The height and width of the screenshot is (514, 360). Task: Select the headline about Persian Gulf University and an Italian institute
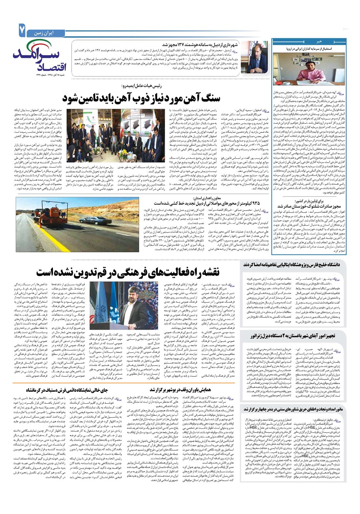coord(297,265)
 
